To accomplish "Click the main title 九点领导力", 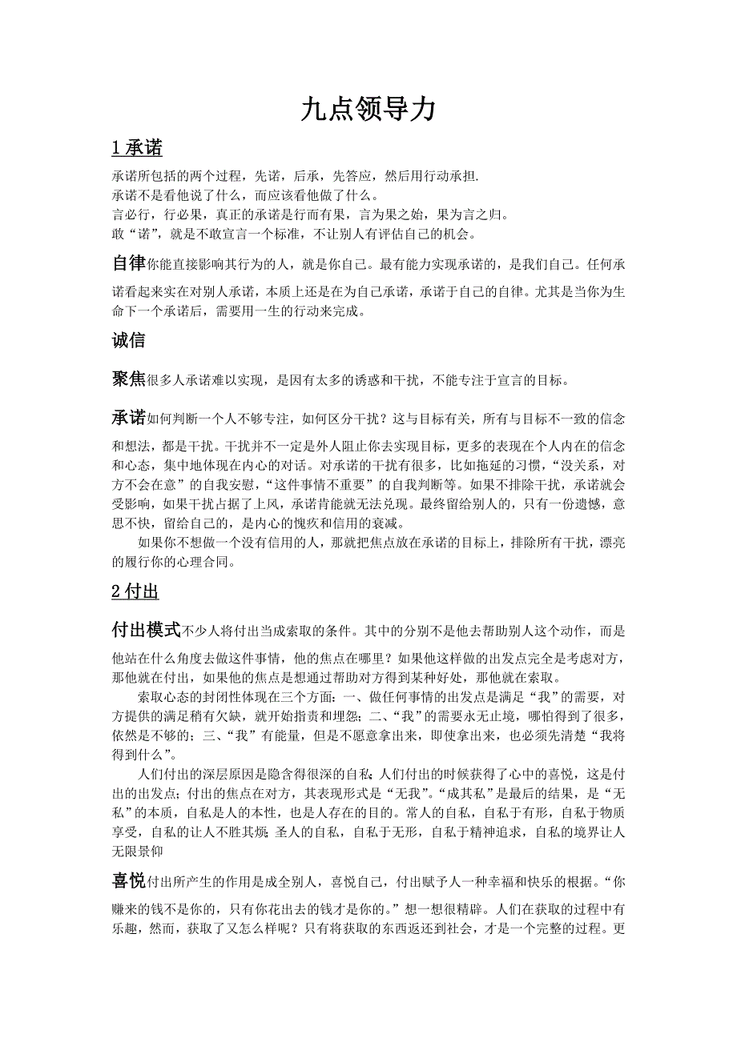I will (368, 110).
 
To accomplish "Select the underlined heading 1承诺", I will (137, 148).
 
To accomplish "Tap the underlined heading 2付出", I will (135, 592).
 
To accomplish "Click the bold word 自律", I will (128, 263).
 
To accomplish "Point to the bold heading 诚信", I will (128, 341).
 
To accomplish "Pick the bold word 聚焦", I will (128, 379).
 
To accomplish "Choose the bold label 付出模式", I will (147, 630).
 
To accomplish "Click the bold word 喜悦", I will (128, 881).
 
